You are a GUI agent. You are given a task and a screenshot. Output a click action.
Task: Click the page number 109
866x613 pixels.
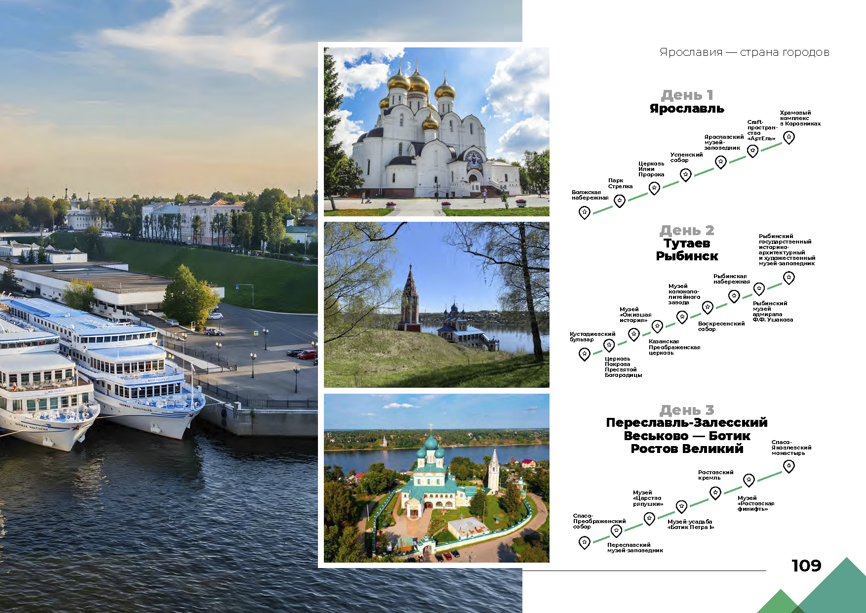(x=806, y=566)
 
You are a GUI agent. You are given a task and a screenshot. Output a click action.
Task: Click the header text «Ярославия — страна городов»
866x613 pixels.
(x=745, y=52)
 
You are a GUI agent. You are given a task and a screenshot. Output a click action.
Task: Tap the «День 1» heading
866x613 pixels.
(x=687, y=95)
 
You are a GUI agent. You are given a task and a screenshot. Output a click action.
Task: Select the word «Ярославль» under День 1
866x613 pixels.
(x=687, y=109)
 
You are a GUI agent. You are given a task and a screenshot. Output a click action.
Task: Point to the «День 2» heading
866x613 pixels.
(x=687, y=230)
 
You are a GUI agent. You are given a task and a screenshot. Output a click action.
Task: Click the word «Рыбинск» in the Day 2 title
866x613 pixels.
(x=687, y=256)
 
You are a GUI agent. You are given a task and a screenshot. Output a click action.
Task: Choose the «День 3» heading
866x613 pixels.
(x=687, y=410)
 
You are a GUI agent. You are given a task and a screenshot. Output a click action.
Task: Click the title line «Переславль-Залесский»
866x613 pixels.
(x=687, y=422)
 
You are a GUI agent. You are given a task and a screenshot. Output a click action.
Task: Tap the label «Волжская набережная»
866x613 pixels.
(x=590, y=195)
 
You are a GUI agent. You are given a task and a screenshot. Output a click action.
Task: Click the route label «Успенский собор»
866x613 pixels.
(x=686, y=158)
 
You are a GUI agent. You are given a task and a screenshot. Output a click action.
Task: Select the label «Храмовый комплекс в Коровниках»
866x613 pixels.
(x=800, y=118)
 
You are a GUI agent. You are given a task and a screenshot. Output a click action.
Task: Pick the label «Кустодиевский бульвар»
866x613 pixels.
(x=592, y=337)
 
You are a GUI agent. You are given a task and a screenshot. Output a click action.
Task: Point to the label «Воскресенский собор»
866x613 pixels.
(x=721, y=327)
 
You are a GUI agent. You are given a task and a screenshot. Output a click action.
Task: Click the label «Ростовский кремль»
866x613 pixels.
(x=715, y=475)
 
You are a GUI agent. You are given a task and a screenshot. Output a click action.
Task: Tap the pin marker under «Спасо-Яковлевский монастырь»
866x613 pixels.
(x=789, y=466)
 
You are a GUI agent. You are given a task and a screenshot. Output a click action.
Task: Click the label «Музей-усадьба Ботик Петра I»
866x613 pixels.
(x=691, y=525)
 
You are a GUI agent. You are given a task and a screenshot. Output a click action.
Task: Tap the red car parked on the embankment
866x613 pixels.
(x=307, y=354)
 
